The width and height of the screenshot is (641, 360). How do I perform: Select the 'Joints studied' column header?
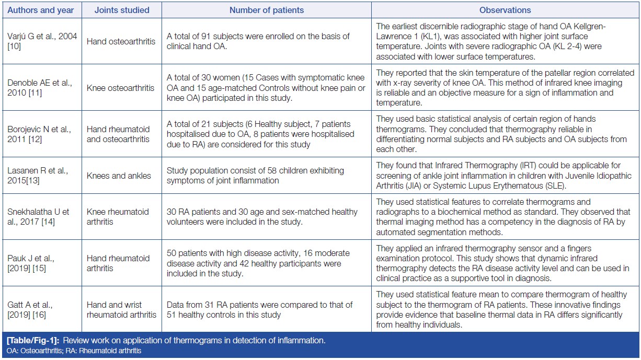(122, 10)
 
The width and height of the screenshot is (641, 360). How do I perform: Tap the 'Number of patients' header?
(267, 10)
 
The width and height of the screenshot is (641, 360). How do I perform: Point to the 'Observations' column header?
(505, 10)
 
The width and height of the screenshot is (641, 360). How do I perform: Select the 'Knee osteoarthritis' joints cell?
(122, 88)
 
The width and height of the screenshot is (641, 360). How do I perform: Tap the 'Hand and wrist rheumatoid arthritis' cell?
(122, 309)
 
